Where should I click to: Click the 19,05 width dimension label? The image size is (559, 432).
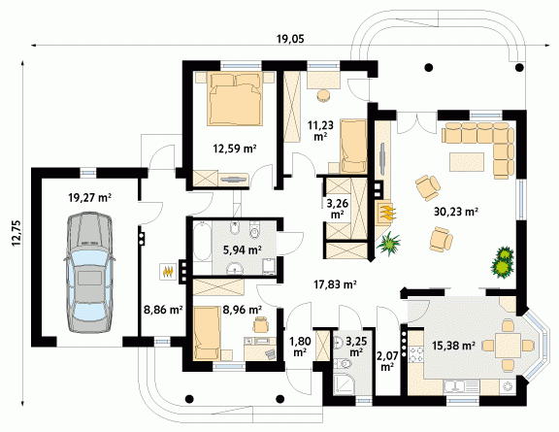tap(290, 39)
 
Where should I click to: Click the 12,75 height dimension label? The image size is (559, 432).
tap(16, 233)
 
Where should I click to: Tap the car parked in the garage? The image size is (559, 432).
tap(88, 272)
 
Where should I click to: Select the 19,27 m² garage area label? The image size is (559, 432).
tap(90, 197)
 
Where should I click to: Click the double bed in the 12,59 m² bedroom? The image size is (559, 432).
tap(235, 99)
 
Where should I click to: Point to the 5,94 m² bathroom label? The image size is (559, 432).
tap(243, 250)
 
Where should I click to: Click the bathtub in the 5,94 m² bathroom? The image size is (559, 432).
tap(202, 242)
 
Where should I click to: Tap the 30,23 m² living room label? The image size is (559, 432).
tap(456, 212)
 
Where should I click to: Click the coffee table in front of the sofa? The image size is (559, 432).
tap(467, 162)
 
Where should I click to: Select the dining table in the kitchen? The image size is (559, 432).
tap(508, 345)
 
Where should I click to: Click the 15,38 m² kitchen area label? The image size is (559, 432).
tap(453, 346)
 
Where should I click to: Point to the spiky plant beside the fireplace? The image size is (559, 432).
tap(388, 244)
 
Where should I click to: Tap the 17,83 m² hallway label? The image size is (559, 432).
tap(335, 284)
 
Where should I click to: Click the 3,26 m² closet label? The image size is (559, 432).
tap(338, 209)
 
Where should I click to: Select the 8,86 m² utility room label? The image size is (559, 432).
tap(163, 310)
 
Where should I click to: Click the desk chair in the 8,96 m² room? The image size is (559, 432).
tap(261, 324)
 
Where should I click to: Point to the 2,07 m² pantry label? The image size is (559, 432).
tap(387, 361)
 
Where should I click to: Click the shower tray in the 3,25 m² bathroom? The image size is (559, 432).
tap(345, 383)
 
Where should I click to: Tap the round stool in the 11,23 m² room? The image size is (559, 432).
tap(324, 96)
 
